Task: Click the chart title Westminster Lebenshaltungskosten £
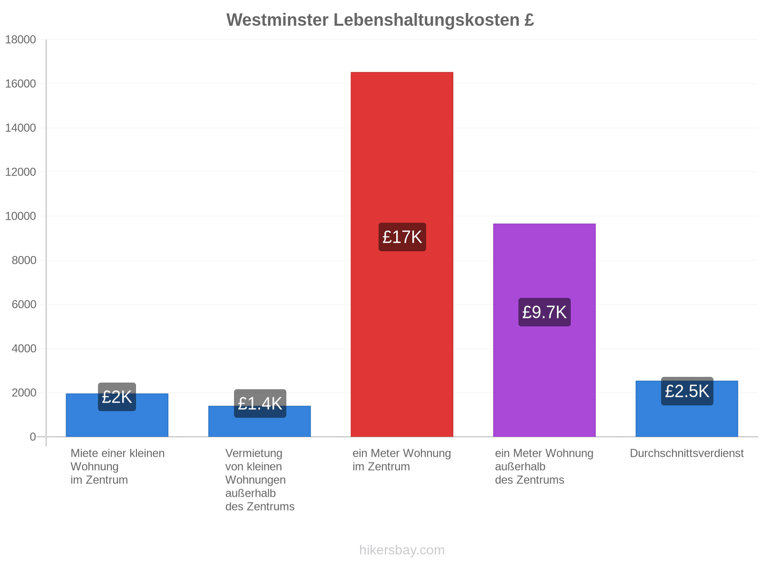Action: point(380,20)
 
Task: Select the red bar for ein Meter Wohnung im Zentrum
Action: point(402,255)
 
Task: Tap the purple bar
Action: point(544,330)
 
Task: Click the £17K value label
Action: point(402,237)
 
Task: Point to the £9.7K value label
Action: point(544,312)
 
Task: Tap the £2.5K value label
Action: point(687,391)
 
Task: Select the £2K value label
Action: point(117,397)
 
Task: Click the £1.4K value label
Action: point(260,404)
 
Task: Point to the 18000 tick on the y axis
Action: point(20,39)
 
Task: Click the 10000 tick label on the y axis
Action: point(20,216)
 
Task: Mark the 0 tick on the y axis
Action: point(33,437)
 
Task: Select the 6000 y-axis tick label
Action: point(24,305)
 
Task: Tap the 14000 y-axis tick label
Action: point(20,128)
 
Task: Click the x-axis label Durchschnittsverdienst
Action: point(686,453)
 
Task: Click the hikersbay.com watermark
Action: point(402,550)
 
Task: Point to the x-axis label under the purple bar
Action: point(544,467)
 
